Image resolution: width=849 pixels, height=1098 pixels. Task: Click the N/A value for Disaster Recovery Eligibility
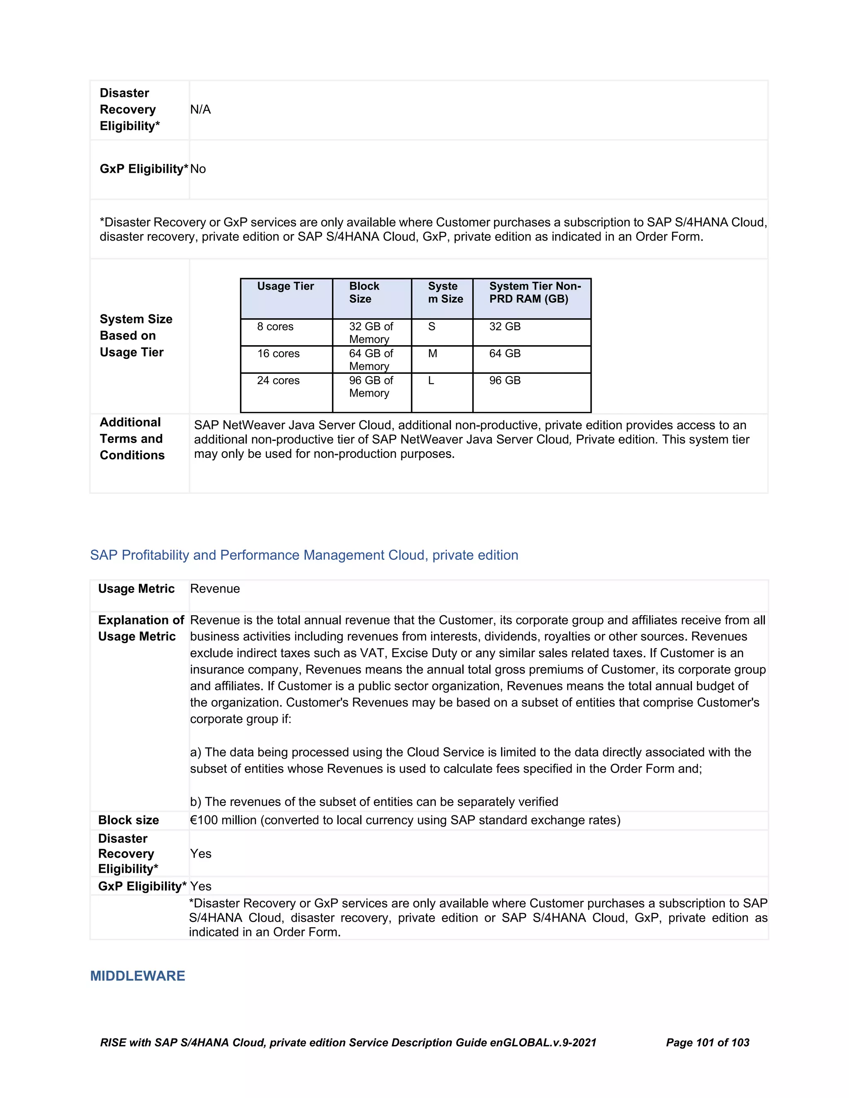pos(200,110)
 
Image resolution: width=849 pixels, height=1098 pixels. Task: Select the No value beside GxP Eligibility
pos(198,169)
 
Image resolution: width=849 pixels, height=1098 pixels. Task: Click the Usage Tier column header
pos(285,286)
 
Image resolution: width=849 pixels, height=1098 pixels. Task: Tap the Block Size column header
pos(364,292)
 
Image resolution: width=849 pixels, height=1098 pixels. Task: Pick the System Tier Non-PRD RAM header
pos(535,292)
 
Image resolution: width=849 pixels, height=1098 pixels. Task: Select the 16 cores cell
pos(278,353)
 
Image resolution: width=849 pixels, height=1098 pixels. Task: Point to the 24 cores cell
pos(278,381)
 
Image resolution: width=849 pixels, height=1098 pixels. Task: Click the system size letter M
pos(432,353)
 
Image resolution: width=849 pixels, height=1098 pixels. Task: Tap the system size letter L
pos(431,381)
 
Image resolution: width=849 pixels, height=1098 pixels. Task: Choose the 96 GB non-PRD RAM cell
pos(505,381)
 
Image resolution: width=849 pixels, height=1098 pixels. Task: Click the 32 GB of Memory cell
pos(371,332)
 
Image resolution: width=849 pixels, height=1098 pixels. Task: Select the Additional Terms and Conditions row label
pos(132,439)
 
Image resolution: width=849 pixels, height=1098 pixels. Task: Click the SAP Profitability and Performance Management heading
pos(304,555)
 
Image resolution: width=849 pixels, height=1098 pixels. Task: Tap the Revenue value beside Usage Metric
pos(215,589)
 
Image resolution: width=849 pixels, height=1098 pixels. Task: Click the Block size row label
pos(128,820)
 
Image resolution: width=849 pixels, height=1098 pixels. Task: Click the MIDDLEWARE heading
pos(137,976)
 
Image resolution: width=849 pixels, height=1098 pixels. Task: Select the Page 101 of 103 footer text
pos(707,1042)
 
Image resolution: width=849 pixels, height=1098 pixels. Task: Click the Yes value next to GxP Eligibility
pos(201,886)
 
